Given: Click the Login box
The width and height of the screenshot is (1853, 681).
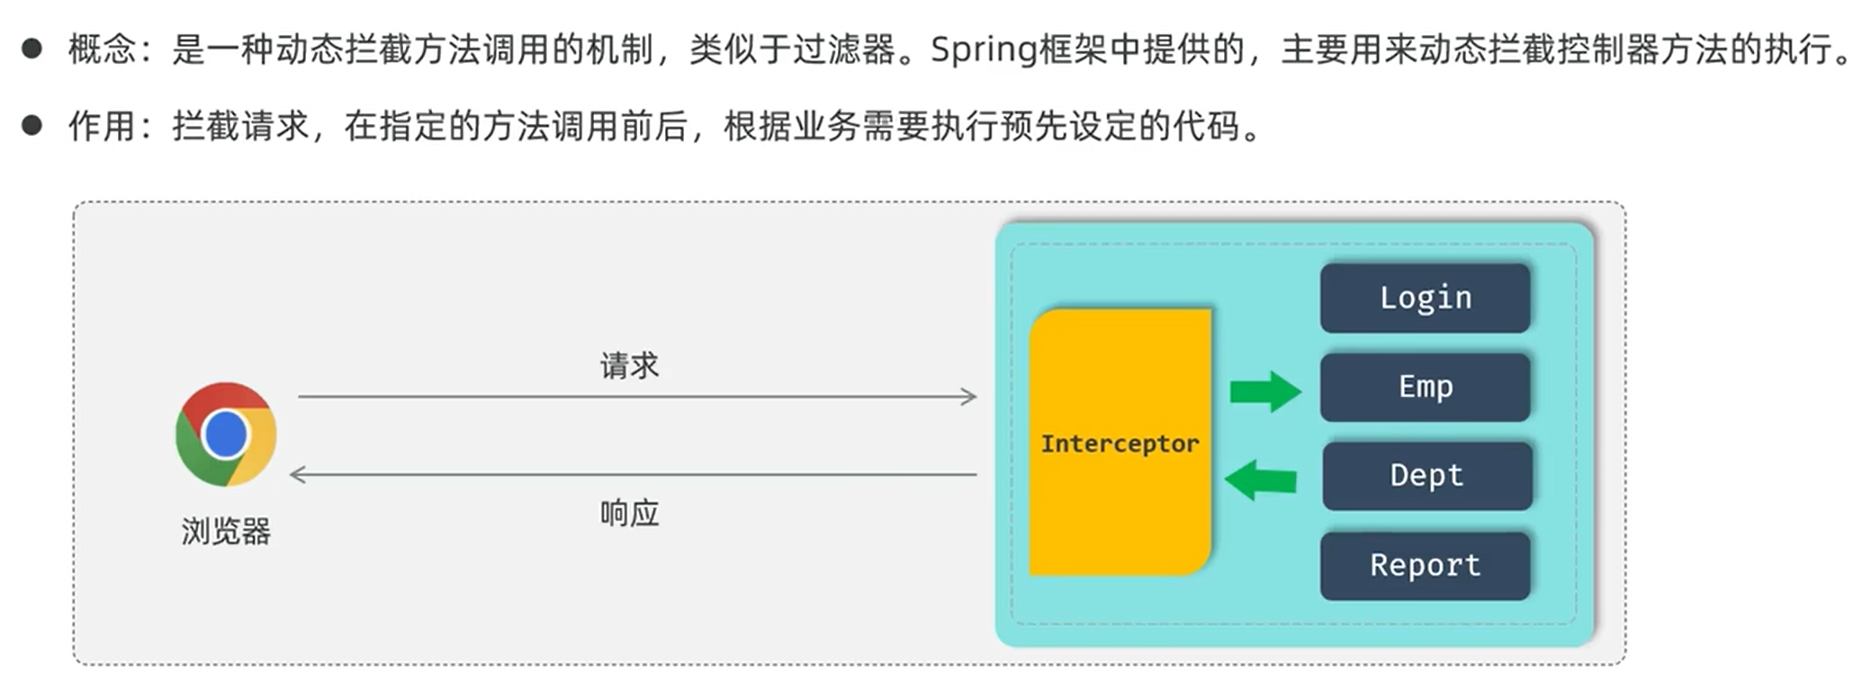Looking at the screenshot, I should (x=1425, y=298).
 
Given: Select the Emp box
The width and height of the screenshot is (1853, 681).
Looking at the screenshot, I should (x=1425, y=387).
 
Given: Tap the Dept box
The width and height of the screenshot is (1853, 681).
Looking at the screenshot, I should (x=1426, y=475).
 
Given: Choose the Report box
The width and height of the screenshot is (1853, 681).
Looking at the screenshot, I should (x=1425, y=565).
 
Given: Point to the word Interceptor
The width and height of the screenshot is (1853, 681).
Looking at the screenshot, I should (x=1120, y=444).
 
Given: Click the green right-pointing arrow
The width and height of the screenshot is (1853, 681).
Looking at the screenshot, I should (x=1265, y=391).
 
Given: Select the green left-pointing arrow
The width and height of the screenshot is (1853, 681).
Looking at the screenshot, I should (x=1261, y=480).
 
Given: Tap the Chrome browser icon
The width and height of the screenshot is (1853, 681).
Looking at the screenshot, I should (x=226, y=435).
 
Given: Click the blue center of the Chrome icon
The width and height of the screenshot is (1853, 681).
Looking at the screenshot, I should (x=226, y=435).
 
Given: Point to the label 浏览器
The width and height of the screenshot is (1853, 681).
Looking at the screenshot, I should (x=226, y=532).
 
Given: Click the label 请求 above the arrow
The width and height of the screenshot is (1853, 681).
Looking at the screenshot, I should (x=629, y=366).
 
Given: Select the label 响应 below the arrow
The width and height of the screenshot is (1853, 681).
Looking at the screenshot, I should (x=629, y=514).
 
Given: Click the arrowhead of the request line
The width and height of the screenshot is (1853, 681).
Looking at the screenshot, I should (x=969, y=397).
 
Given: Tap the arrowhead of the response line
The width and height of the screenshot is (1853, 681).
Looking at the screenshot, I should (x=298, y=474).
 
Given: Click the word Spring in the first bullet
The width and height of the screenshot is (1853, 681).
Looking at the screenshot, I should (x=983, y=49).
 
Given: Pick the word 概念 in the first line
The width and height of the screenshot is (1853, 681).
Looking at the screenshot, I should (x=102, y=49).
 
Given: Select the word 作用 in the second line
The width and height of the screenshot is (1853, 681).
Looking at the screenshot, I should (x=102, y=126).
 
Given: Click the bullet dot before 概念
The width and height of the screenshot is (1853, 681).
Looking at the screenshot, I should (x=32, y=49).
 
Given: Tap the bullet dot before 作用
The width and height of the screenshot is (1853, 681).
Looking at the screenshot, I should (x=32, y=125).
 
